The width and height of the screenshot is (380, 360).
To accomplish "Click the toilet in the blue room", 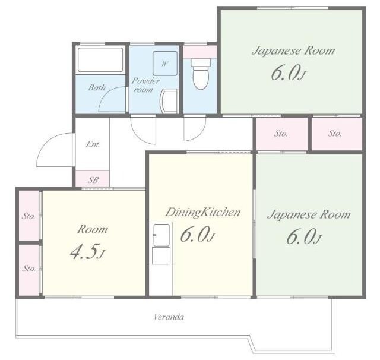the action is (201, 74).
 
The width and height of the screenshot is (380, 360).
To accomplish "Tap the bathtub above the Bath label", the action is (100, 61).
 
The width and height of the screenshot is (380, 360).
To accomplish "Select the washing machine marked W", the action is (165, 64).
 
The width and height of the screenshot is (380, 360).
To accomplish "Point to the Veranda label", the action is (169, 317).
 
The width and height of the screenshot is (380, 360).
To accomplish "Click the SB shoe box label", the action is (93, 180).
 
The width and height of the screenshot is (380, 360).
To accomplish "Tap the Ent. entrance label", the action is (93, 144).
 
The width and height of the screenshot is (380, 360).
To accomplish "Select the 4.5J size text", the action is (87, 252).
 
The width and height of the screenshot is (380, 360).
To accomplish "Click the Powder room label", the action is (145, 85).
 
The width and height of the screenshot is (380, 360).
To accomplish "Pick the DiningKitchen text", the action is (203, 212).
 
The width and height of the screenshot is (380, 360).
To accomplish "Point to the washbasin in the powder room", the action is (169, 101).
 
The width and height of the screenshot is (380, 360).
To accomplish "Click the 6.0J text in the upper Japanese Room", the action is (287, 73).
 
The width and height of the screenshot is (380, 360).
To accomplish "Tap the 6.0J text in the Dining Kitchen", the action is (198, 235).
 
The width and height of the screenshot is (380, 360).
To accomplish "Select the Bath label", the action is (97, 87).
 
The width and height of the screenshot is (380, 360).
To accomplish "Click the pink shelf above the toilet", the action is (199, 52).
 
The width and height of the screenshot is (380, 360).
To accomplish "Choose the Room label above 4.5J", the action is (93, 229).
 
